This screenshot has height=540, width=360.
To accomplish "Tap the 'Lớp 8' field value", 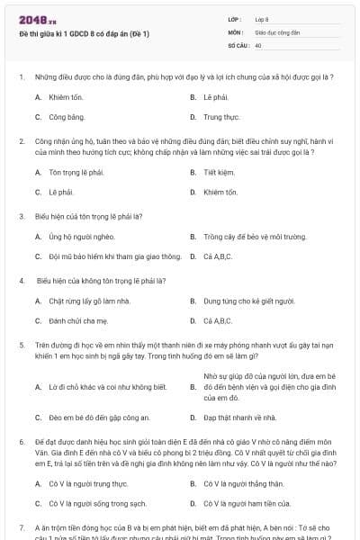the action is tap(262, 18).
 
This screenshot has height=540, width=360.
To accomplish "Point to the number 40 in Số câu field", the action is tap(258, 44).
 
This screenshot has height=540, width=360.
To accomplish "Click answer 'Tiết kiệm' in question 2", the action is tap(220, 172).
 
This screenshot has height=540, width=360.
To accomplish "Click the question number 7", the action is tap(21, 526).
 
